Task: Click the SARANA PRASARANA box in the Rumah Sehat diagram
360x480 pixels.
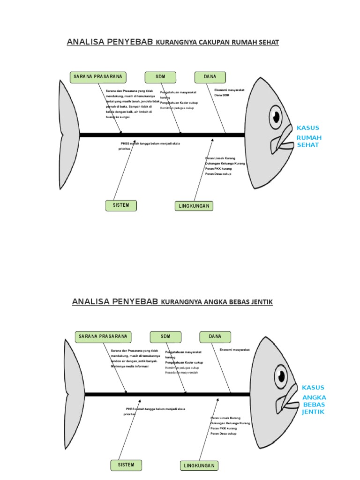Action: (98, 77)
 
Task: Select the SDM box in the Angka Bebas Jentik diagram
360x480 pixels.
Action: (165, 337)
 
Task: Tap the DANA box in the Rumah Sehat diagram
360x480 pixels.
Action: (210, 77)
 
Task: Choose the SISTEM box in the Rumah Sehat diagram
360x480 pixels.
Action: (121, 205)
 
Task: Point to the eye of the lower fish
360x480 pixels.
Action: (281, 375)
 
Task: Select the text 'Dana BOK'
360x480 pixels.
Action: (222, 95)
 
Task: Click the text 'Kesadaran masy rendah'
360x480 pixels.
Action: (181, 373)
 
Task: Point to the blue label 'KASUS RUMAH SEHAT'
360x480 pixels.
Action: (307, 136)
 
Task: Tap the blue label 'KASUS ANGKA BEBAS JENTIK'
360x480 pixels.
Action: (313, 400)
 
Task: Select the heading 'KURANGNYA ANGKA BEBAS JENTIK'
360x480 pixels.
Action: (217, 302)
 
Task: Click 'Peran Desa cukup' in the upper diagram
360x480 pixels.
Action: (218, 174)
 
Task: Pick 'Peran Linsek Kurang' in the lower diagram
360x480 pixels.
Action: (225, 418)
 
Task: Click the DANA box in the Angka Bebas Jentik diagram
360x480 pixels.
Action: (215, 337)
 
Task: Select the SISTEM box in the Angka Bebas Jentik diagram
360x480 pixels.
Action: (126, 465)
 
